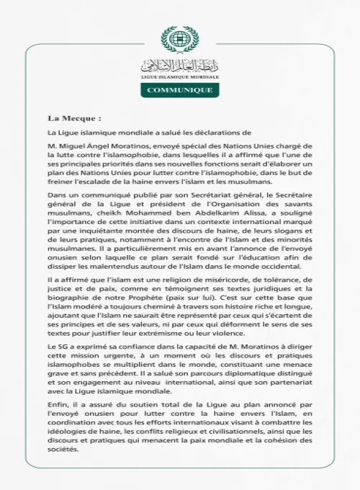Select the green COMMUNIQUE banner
(x=180, y=90)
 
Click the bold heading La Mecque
(x=74, y=117)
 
